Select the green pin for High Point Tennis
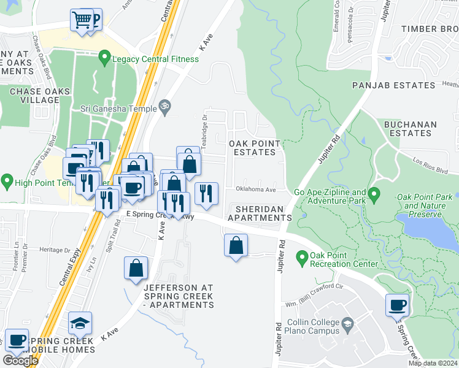7,181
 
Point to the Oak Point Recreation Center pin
301,258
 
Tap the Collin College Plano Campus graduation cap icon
347,323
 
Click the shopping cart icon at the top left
81,20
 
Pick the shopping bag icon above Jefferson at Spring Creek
136,269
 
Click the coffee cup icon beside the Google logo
17,340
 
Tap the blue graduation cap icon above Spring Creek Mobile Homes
80,323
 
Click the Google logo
20,361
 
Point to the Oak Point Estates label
255,148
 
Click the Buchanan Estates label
410,129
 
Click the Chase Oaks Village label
35,96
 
